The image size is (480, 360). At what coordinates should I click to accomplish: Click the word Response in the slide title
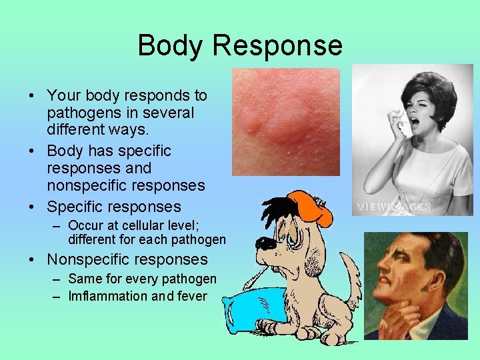(279, 45)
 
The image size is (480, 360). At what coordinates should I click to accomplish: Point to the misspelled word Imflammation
(108, 296)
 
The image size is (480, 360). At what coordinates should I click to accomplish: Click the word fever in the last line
(193, 296)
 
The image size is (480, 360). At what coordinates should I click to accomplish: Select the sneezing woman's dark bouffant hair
(426, 93)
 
